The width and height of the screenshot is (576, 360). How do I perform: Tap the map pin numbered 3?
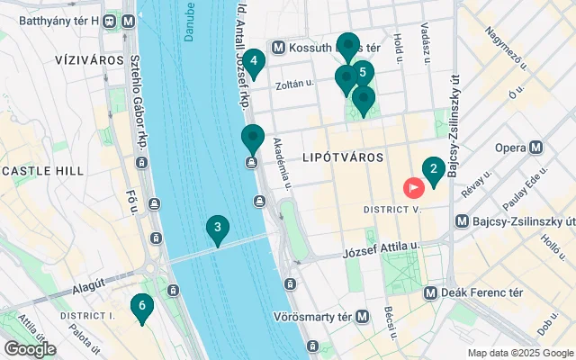(217, 229)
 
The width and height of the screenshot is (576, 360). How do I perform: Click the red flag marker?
(414, 187)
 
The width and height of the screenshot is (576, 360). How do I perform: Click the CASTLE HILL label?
(44, 170)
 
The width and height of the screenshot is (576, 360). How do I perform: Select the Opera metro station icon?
(536, 148)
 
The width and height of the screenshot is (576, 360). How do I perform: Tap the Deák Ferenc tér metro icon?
(430, 292)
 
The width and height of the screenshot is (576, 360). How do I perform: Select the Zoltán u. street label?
(296, 85)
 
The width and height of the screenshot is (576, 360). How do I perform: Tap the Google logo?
(30, 348)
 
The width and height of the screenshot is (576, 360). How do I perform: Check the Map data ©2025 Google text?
(520, 353)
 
